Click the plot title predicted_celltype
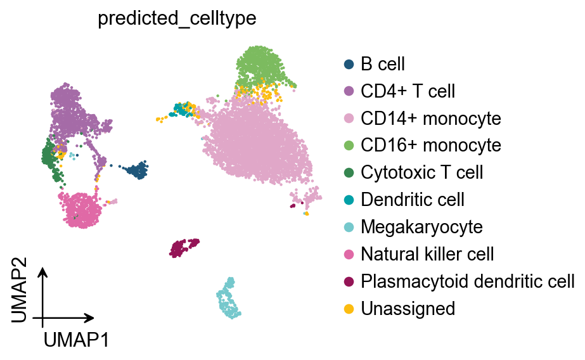177,19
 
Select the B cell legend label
382,64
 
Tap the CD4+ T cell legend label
408,91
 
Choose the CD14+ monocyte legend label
430,119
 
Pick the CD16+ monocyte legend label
430,146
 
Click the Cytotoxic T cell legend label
421,172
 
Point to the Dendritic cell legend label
412,200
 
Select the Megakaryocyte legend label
421,227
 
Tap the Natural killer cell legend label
427,254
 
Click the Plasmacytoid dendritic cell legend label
467,281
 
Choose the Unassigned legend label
408,309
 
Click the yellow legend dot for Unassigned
348,309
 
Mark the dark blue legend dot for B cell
348,64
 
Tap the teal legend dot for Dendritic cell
348,200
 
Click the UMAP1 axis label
76,340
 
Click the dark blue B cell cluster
136,169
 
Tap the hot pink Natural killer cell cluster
81,209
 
